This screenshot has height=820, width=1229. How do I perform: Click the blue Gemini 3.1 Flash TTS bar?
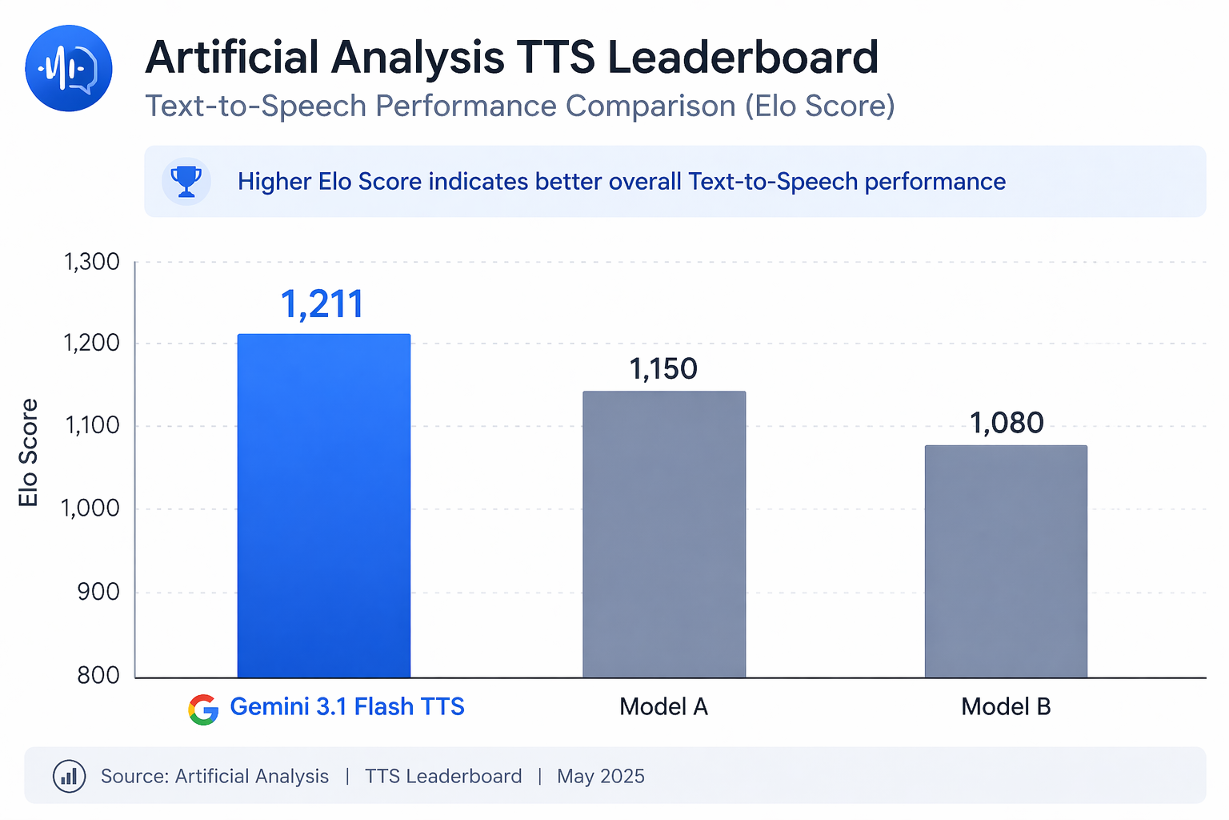tap(324, 505)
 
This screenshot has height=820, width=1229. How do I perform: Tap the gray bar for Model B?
tap(1006, 561)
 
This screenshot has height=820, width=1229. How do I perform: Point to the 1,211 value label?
tap(322, 304)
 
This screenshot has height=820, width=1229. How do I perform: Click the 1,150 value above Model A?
tap(663, 369)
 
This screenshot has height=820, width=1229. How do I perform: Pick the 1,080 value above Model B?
tap(1007, 423)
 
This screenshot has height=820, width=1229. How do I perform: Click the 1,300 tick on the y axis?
tap(91, 262)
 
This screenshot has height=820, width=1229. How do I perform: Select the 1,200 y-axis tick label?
tap(91, 344)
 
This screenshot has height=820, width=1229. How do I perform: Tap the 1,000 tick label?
tap(90, 508)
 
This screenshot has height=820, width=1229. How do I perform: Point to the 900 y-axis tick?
tap(98, 593)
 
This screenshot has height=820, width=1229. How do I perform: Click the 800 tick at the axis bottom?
tap(98, 676)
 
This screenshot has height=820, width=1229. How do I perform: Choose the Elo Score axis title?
tap(29, 452)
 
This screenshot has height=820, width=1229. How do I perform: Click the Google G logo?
tap(204, 709)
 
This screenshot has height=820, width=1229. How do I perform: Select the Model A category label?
tap(663, 707)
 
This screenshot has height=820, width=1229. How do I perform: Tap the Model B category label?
tap(1006, 707)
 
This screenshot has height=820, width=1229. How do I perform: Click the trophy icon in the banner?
tap(186, 182)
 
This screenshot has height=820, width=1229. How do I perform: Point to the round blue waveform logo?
tap(69, 68)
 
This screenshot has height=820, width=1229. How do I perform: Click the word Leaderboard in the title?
tap(743, 58)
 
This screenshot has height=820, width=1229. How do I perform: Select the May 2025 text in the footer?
tap(601, 776)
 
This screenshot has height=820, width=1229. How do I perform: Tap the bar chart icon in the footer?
tap(69, 776)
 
